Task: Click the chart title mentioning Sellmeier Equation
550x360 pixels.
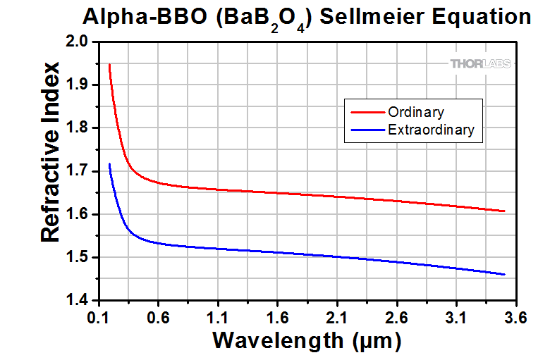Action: (x=306, y=17)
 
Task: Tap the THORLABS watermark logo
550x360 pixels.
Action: (x=477, y=64)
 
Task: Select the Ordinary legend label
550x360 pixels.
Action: (x=415, y=112)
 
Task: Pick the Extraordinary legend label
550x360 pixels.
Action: (x=431, y=130)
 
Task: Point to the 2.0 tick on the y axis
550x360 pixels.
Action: (x=77, y=42)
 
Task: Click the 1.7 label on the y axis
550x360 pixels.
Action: (x=77, y=171)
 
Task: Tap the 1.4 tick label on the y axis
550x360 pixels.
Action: (x=77, y=300)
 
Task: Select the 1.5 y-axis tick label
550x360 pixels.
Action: (x=77, y=257)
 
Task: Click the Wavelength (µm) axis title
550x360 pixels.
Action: (x=307, y=341)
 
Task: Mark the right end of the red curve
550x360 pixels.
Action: (x=505, y=211)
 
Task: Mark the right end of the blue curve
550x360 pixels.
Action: (x=505, y=274)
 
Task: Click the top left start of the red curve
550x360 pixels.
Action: (x=109, y=65)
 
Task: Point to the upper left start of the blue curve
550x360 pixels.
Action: (x=109, y=164)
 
